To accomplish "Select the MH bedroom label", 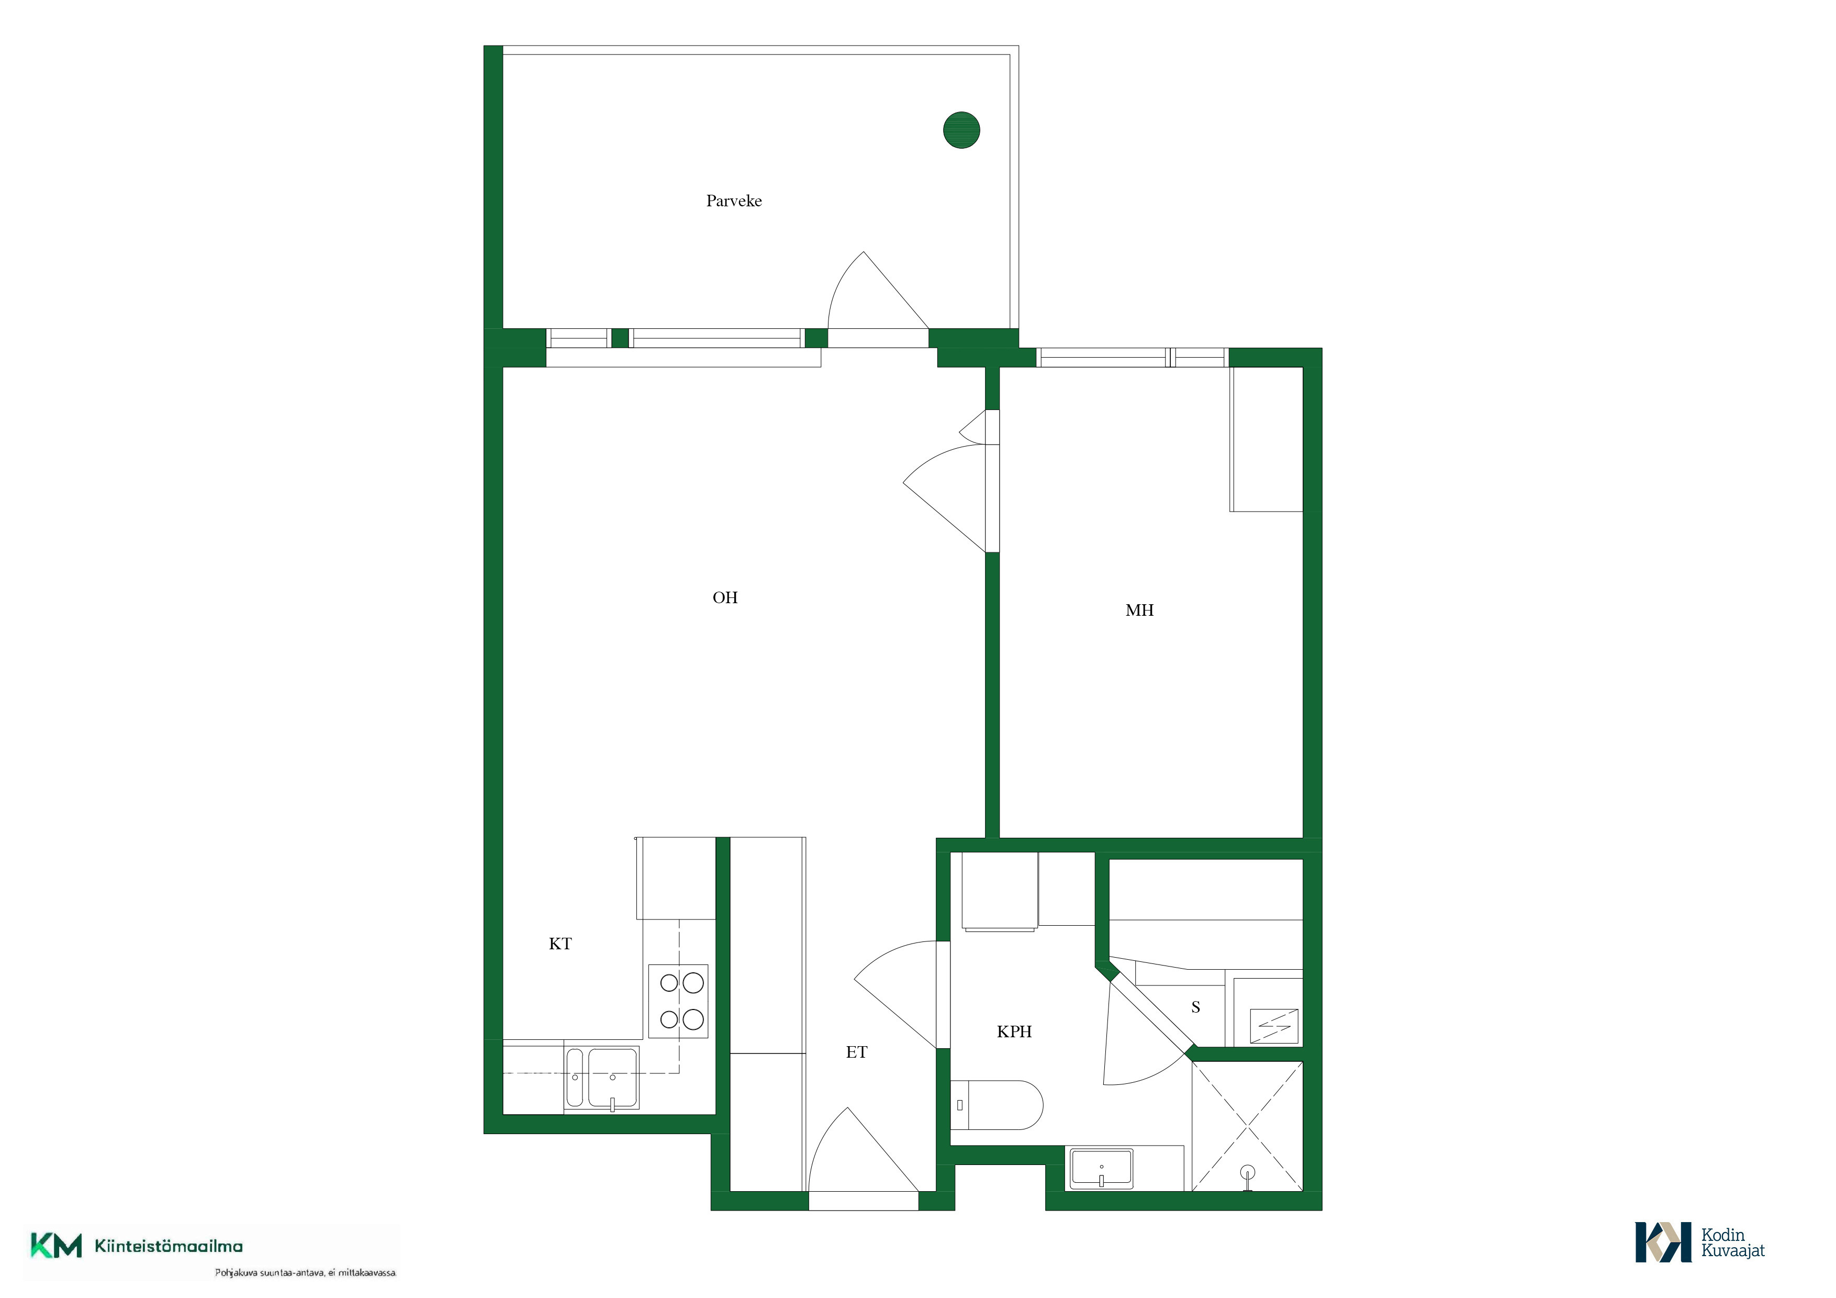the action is coord(1139,610).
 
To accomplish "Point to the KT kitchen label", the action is coord(560,944).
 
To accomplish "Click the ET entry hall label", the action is coord(856,1052).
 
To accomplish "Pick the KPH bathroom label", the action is coord(1014,1031).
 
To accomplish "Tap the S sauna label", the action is coord(1195,1007).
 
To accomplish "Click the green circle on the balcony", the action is coord(961,129).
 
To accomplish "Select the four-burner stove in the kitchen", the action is coord(678,1001).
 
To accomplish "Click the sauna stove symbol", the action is coord(1274,1026).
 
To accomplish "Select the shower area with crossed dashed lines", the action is coord(1247,1127).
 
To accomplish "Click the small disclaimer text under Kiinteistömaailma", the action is coord(305,1272).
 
